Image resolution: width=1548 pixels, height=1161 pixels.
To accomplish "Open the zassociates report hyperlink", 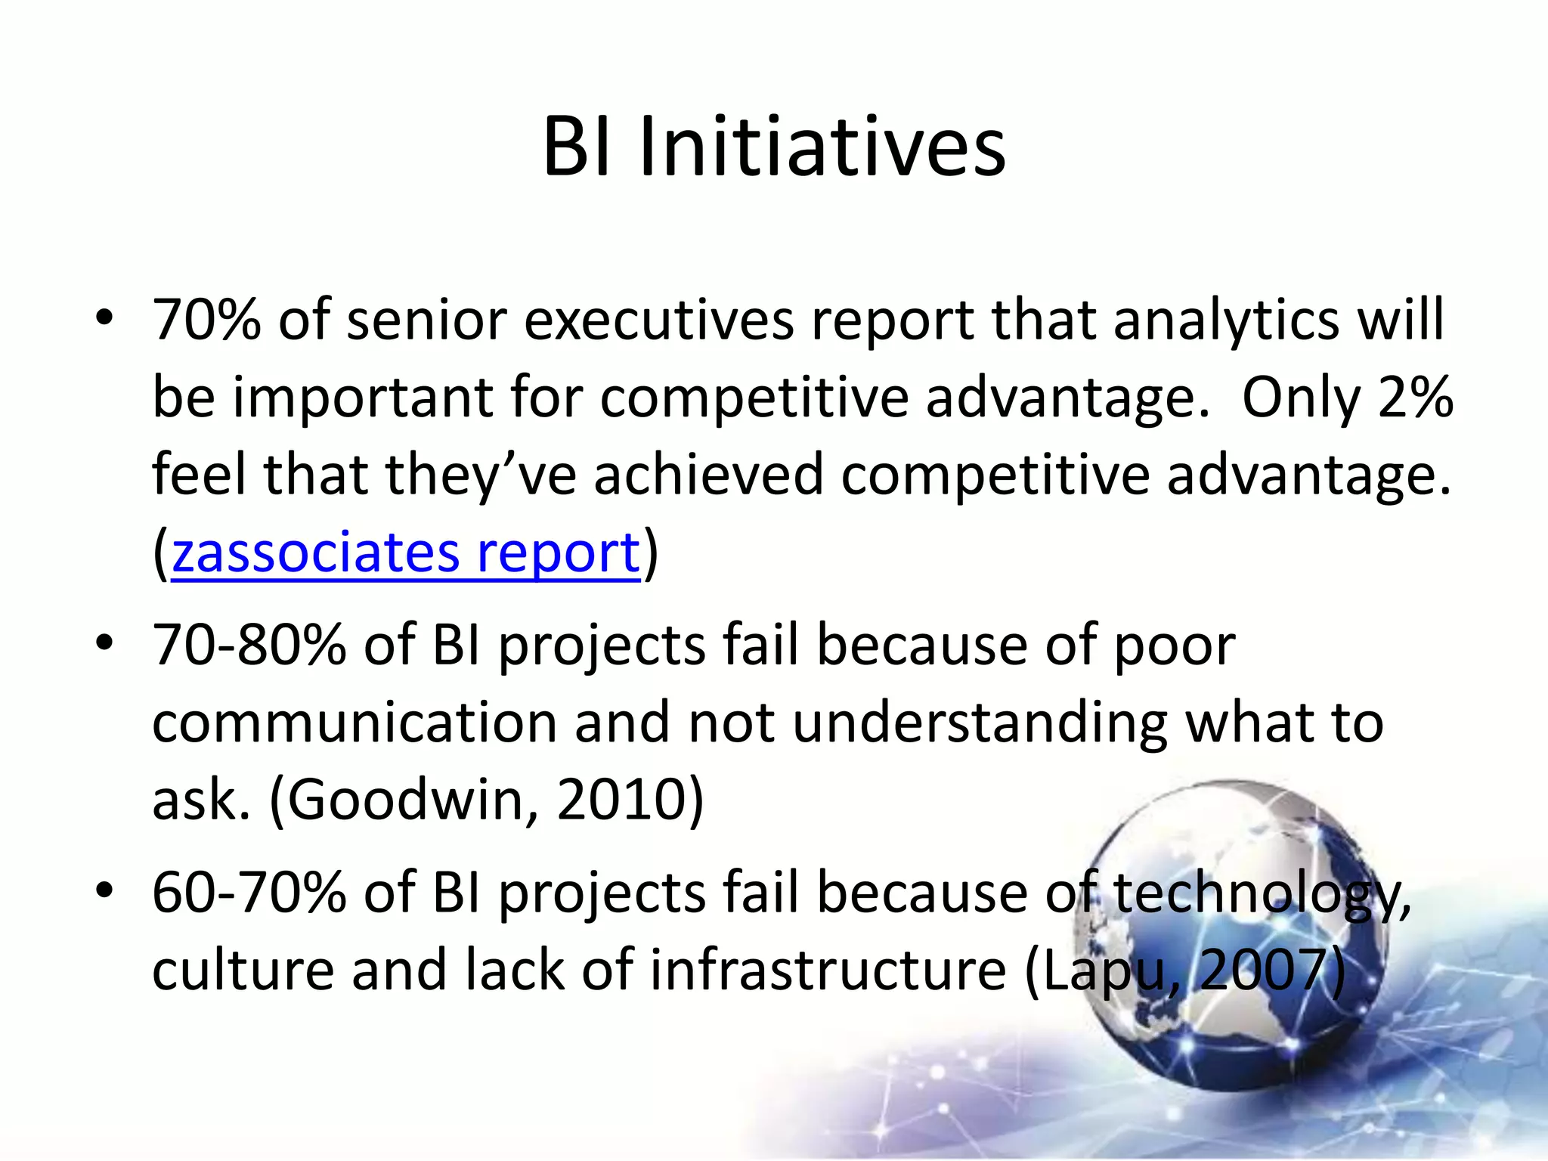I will pos(406,553).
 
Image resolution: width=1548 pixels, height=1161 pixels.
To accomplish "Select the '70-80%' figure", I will pos(249,646).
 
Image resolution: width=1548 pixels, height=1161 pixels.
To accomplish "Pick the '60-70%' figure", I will pos(249,893).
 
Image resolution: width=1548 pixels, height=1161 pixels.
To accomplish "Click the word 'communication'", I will pos(354,723).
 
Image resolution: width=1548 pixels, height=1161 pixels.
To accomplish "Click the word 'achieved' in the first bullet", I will pos(708,475).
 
